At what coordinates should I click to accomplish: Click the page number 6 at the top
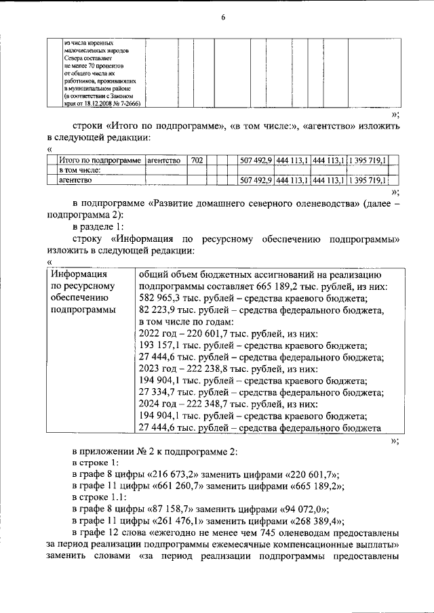[x=222, y=18]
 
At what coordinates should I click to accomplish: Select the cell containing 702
[x=197, y=161]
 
